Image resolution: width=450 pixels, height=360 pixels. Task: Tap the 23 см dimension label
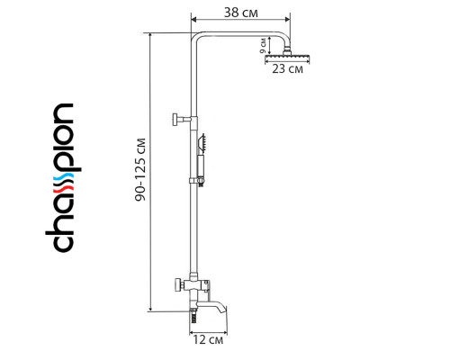[x=287, y=69]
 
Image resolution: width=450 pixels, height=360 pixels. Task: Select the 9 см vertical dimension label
[x=263, y=46]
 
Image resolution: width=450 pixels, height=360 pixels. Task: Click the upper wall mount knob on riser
[x=175, y=117]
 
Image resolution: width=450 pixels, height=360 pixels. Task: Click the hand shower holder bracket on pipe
[x=193, y=179]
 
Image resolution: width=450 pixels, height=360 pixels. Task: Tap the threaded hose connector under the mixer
[x=193, y=314]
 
